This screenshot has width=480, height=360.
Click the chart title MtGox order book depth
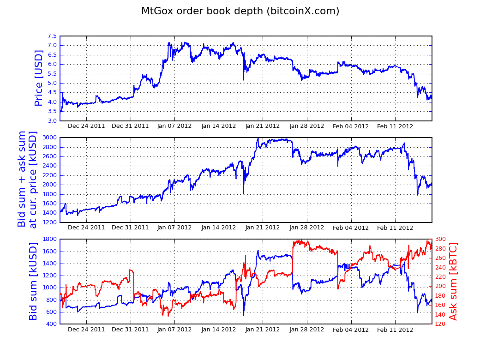pos(240,11)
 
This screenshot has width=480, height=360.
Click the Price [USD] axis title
pos(39,78)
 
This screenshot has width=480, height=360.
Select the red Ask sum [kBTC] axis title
pos(453,281)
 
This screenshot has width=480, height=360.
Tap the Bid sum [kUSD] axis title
pos(33,281)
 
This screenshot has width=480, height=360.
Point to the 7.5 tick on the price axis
pos(52,36)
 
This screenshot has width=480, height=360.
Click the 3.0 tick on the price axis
pos(52,121)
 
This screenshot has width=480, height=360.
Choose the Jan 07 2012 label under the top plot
pos(174,126)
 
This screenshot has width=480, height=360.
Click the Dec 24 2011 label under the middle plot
pos(86,228)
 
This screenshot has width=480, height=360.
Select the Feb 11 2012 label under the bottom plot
pos(395,330)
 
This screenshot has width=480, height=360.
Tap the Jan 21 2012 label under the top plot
pos(263,126)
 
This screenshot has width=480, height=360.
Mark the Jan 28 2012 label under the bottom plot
pos(307,330)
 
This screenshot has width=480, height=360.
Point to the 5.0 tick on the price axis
pos(52,83)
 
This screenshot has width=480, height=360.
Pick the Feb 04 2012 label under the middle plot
pos(351,228)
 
